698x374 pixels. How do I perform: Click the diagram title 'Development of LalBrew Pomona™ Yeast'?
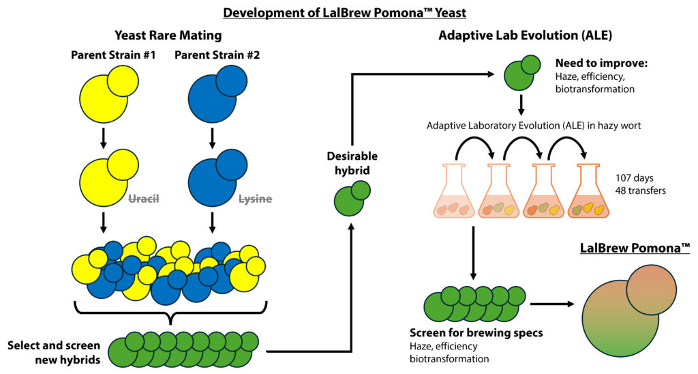pos(344,12)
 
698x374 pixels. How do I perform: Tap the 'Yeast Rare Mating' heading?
pos(168,35)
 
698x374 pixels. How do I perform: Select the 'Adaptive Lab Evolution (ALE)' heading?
pos(526,35)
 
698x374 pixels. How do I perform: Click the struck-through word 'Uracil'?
pos(144,199)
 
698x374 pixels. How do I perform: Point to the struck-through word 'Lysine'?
pos(255,199)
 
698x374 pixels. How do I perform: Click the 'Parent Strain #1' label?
pos(114,55)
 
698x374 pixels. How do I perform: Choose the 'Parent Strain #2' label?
pos(217,55)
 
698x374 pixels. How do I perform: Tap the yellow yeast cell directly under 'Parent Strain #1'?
pos(108,94)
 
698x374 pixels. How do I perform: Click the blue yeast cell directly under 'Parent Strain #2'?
pos(217,94)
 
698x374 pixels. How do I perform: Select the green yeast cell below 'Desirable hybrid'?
pos(352,199)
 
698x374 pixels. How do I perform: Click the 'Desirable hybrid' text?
pos(352,163)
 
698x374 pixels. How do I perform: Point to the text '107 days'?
pos(635,178)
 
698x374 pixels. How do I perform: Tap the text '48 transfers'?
pos(641,191)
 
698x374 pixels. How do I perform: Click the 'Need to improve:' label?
pos(601,63)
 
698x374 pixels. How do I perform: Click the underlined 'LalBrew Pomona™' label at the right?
pos(635,248)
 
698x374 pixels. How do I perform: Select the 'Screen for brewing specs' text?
pos(476,333)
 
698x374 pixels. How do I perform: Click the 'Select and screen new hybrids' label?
pos(54,353)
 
